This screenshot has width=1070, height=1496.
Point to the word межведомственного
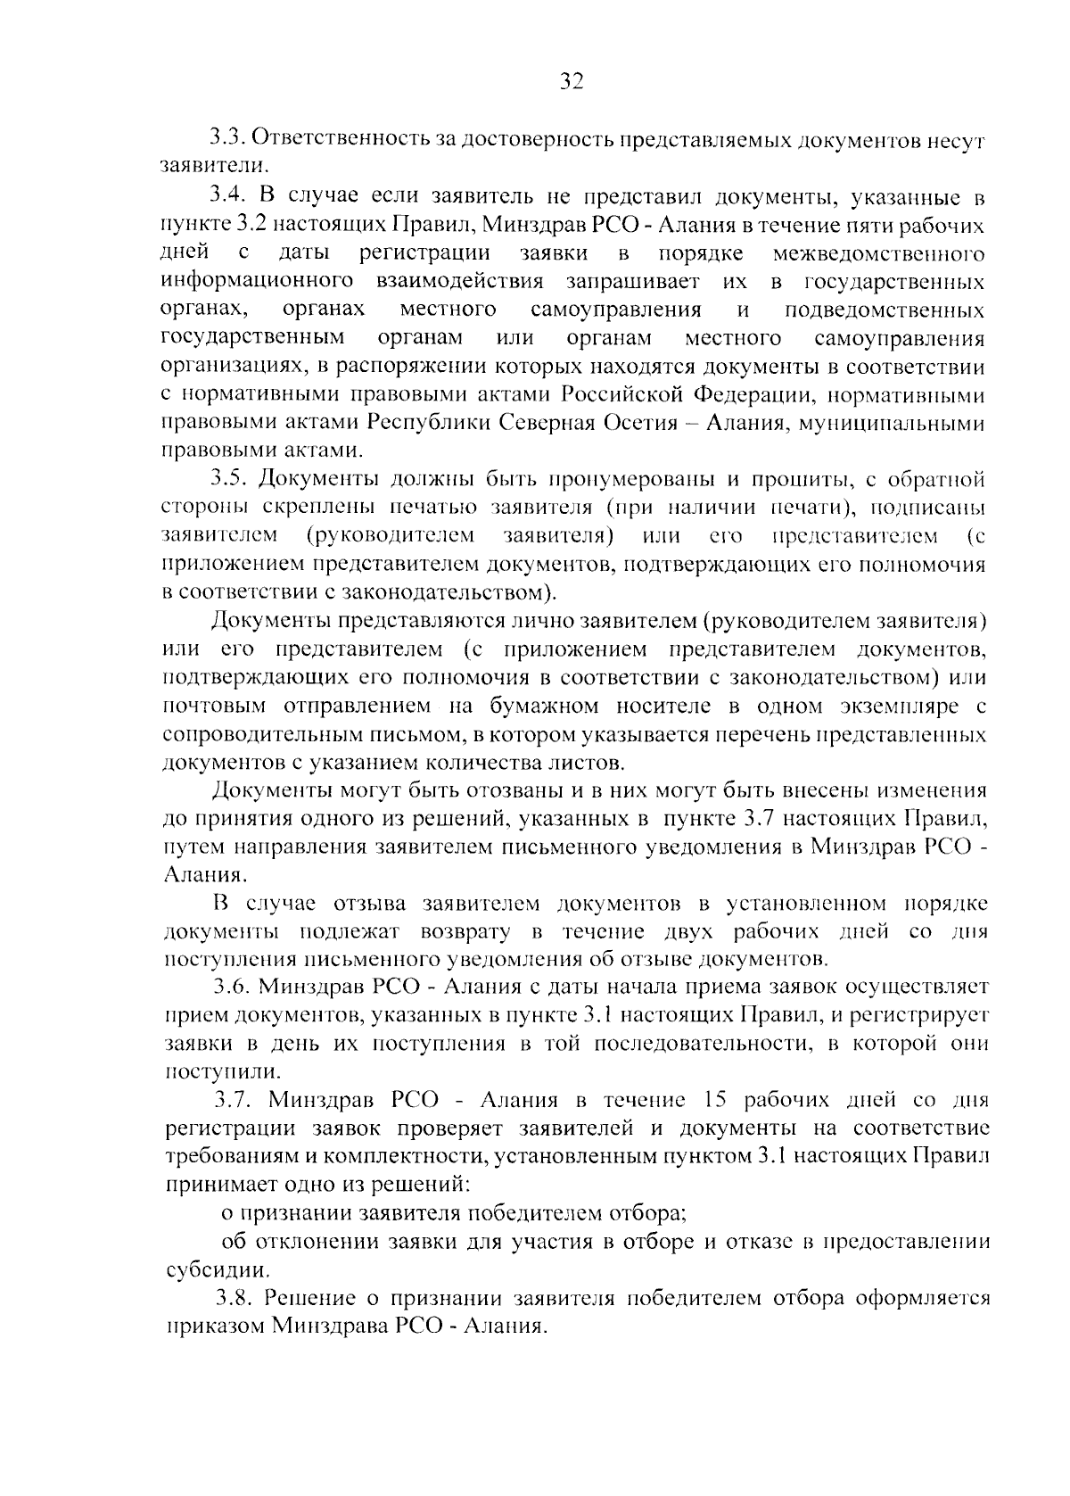coord(879,254)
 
